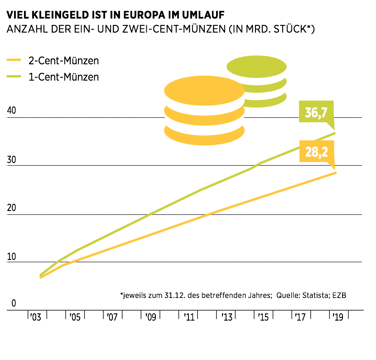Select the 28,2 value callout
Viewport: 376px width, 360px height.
pos(316,152)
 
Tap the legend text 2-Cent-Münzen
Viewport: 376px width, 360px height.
pos(63,61)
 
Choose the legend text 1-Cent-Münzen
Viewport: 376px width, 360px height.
pos(63,77)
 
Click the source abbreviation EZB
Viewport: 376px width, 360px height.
pos(344,295)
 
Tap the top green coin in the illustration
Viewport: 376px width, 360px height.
pos(256,67)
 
